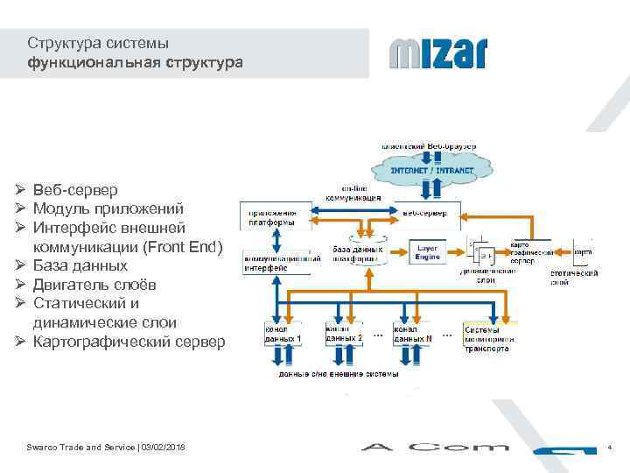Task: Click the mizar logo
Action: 437,53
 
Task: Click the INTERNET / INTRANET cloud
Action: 431,169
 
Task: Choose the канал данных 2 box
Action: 343,334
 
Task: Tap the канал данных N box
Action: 412,334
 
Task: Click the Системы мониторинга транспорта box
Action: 488,338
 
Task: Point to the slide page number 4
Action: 609,448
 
